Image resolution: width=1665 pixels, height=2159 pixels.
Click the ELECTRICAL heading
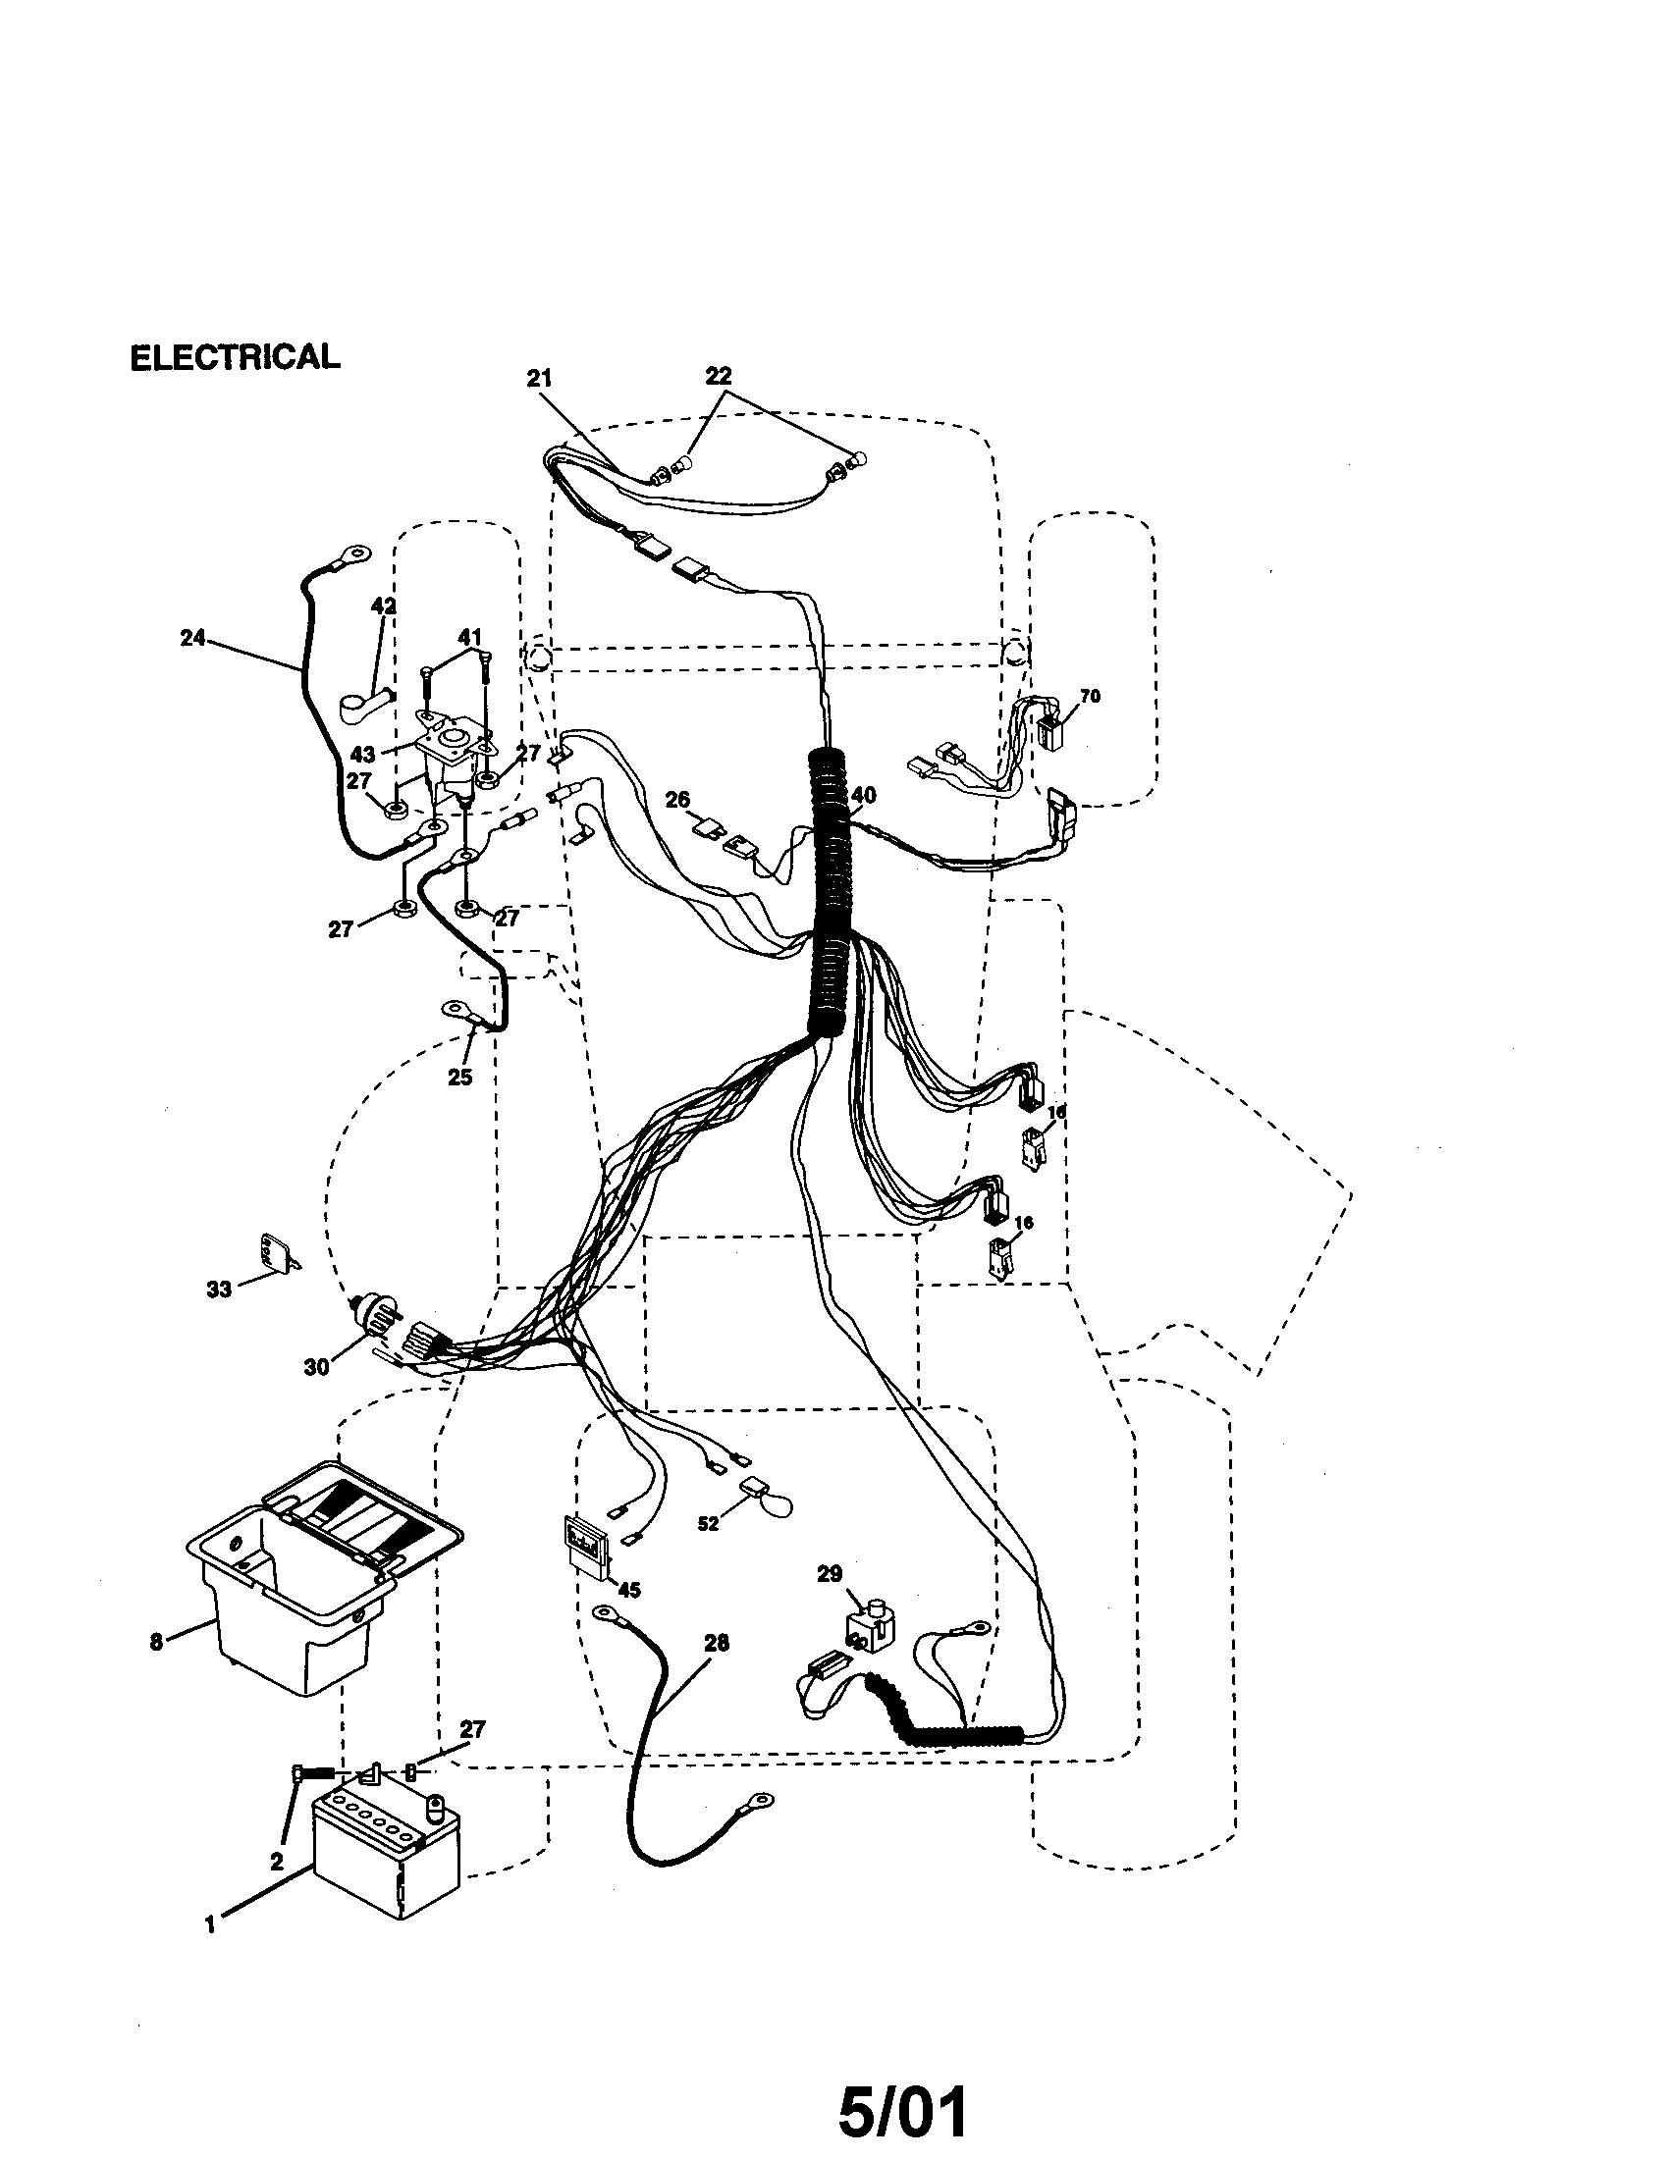pyautogui.click(x=235, y=357)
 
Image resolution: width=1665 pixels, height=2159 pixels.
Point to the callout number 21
pyautogui.click(x=539, y=379)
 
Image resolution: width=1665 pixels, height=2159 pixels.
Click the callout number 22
pyautogui.click(x=718, y=376)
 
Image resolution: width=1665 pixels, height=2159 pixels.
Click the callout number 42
pyautogui.click(x=383, y=606)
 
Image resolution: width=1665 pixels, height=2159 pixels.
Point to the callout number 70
pyautogui.click(x=1089, y=696)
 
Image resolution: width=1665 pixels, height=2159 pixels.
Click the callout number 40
pyautogui.click(x=863, y=795)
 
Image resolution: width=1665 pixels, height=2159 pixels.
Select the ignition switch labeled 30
pyautogui.click(x=376, y=1314)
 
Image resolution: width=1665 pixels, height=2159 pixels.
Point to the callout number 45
pyautogui.click(x=628, y=1590)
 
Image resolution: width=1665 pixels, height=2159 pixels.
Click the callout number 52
pyautogui.click(x=708, y=1523)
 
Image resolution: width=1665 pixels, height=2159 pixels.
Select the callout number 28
pyautogui.click(x=716, y=1643)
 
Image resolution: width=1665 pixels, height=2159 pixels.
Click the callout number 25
pyautogui.click(x=459, y=1078)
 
